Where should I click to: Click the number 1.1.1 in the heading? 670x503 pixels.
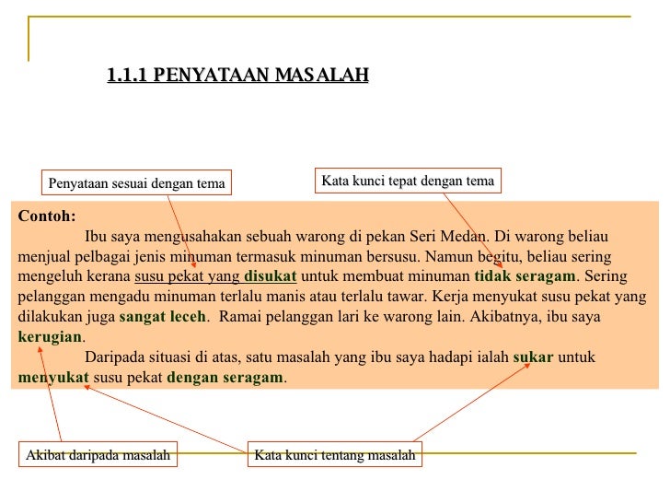(128, 75)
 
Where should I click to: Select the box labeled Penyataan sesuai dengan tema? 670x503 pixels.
(136, 183)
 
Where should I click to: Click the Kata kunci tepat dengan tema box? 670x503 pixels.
(408, 181)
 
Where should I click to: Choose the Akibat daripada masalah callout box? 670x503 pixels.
(98, 455)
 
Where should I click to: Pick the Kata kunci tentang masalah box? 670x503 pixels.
(335, 455)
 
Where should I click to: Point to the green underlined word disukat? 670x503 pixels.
(271, 275)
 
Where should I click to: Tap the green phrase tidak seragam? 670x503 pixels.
(524, 275)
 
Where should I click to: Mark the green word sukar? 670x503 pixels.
(533, 357)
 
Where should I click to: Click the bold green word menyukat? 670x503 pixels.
(53, 377)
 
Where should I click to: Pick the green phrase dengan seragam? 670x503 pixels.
(225, 377)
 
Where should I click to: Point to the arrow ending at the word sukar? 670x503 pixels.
(469, 401)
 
